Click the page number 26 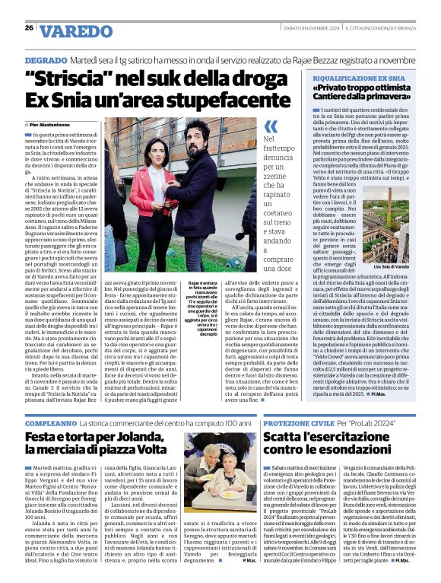coord(29,28)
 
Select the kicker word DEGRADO coord(45,59)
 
